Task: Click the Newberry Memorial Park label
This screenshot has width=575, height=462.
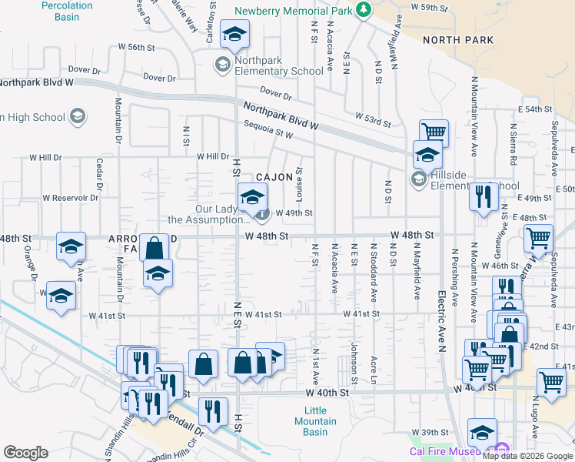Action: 297,10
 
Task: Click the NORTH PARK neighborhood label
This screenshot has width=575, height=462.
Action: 456,40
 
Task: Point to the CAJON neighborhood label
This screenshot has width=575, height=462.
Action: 274,177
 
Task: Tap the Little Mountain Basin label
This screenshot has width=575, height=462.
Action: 315,421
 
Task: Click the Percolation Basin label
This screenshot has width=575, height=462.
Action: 66,11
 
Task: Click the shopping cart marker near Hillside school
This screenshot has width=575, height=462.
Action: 434,132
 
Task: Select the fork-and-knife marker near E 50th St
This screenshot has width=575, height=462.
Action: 484,196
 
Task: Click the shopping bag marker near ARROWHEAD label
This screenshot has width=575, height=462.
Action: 154,248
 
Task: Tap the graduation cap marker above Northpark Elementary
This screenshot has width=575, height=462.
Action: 234,33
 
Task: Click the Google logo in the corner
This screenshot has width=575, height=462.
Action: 25,453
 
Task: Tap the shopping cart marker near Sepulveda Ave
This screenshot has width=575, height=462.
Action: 538,238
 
